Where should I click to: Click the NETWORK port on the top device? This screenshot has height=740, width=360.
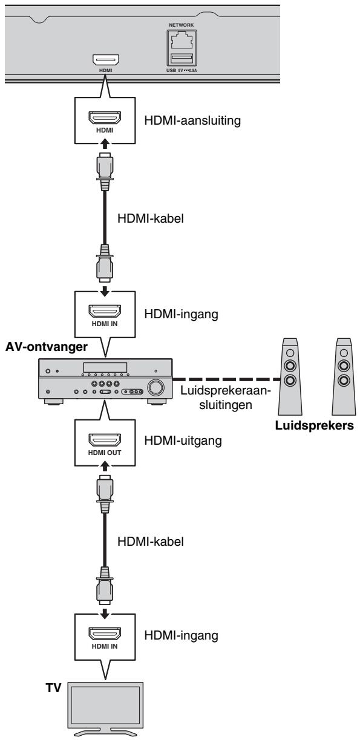point(182,41)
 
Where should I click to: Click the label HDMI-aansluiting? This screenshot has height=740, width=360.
point(192,120)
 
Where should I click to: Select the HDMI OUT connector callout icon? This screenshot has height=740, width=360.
point(105,439)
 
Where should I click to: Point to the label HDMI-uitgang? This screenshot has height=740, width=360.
point(183,440)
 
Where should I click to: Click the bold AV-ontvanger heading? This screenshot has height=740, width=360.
point(47,347)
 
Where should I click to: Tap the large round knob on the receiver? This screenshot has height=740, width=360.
point(156,387)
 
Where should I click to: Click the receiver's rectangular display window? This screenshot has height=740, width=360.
point(105,367)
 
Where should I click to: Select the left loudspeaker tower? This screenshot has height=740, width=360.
point(290,376)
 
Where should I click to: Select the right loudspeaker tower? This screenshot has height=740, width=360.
point(344,376)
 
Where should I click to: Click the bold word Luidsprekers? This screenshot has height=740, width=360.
point(315,425)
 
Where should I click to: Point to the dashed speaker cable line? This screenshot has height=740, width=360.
point(226,379)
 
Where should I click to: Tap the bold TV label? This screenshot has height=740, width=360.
point(53,688)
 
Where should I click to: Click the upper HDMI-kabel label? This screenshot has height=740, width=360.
point(151,218)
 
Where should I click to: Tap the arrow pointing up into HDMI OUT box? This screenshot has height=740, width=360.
point(105,467)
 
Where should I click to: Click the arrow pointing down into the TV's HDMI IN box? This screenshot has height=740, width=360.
point(105,614)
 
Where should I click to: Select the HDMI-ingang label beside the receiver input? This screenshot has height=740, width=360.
point(182,314)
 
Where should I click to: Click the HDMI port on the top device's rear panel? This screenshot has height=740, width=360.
point(106,60)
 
